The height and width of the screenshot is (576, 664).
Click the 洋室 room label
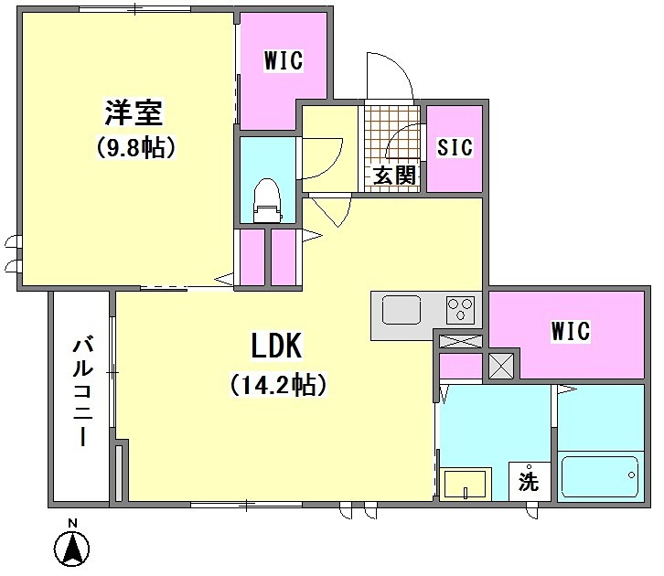click(x=133, y=113)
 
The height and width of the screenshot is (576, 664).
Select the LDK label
click(x=277, y=345)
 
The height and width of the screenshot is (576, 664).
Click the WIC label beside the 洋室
click(x=283, y=62)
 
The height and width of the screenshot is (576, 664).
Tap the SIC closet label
click(x=455, y=147)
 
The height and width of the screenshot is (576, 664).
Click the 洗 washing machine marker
click(x=530, y=480)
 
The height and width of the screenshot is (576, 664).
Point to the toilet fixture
click(x=266, y=200)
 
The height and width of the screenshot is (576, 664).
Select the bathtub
click(x=600, y=476)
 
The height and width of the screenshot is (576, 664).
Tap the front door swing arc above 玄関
click(x=389, y=76)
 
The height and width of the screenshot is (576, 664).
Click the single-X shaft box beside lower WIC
click(x=502, y=365)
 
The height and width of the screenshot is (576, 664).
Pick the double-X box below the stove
click(x=460, y=342)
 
